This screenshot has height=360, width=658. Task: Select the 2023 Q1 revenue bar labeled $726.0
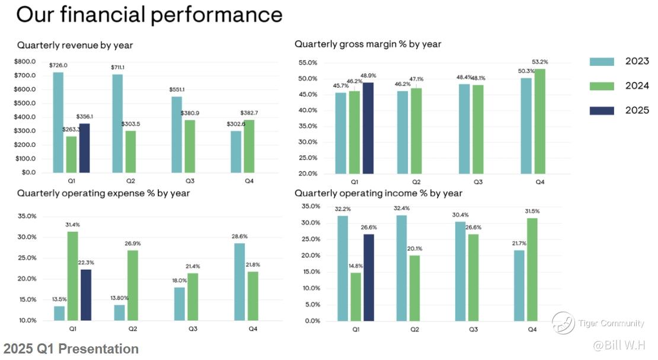(58, 122)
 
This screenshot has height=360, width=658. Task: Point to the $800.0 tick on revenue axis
(25, 62)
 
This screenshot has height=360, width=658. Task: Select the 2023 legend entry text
(637, 62)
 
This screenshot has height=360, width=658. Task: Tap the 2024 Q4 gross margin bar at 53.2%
(540, 122)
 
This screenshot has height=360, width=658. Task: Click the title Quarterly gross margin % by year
(368, 44)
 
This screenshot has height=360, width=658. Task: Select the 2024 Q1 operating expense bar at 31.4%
(72, 276)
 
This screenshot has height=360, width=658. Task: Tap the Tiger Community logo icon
(563, 323)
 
